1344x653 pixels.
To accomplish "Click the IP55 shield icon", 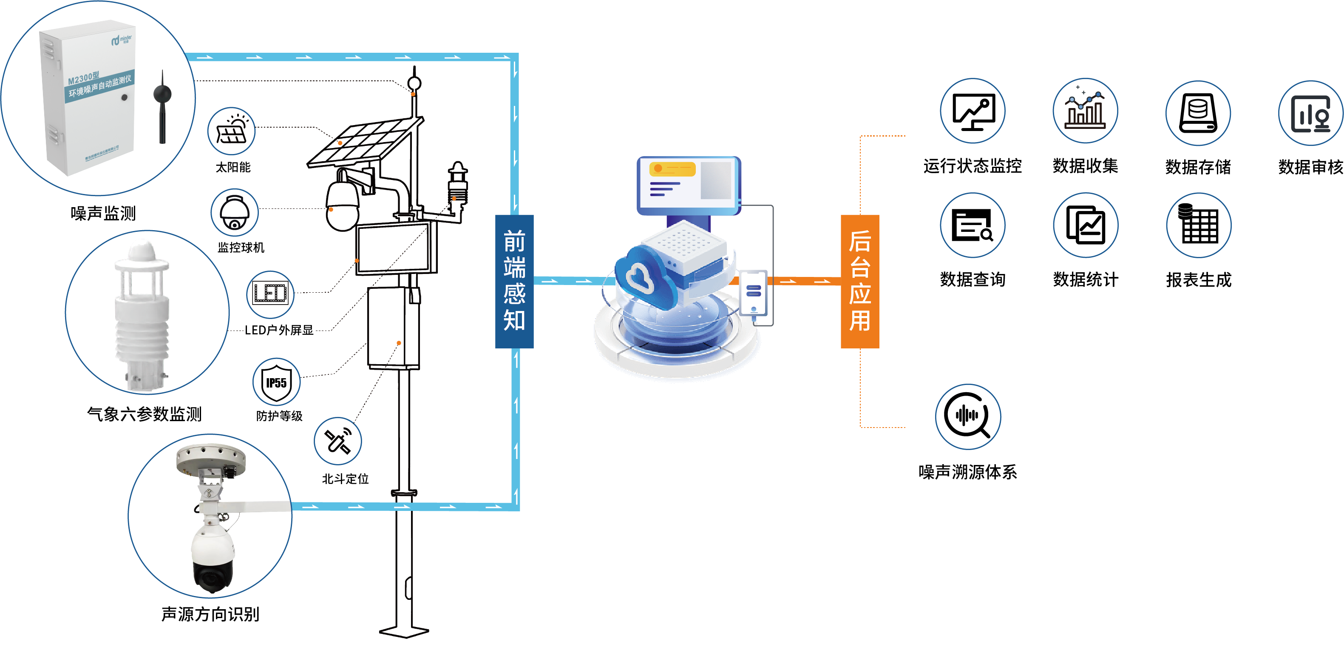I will (277, 382).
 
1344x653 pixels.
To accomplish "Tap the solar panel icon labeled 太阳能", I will (232, 131).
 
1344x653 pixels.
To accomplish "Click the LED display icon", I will (270, 294).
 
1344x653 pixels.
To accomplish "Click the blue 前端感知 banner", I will (514, 281).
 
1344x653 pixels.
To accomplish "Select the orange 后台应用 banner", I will (859, 281).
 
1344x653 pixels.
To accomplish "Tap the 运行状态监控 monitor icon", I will (972, 111).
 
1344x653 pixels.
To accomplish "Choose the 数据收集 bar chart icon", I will (1085, 111).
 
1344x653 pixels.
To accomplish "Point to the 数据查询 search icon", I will (972, 225).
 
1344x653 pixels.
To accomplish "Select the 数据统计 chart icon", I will (1085, 225).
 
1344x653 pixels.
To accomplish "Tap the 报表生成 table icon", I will (1199, 225).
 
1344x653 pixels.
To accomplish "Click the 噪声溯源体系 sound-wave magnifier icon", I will (968, 416).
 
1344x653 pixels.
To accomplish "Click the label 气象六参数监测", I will (144, 414).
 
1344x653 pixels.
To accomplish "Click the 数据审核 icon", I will (1310, 113).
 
